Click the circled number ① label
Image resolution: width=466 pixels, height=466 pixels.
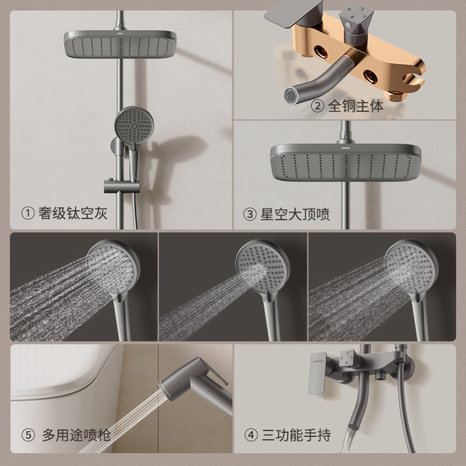[x=28, y=213]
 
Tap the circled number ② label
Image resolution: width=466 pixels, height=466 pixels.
[x=317, y=106]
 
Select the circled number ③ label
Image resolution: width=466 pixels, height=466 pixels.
[x=250, y=214]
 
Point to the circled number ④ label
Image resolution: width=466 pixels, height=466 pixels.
[x=250, y=435]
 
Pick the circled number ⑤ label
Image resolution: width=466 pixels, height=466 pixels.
[x=28, y=435]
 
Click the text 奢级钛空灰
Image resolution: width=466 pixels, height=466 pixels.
[x=73, y=213]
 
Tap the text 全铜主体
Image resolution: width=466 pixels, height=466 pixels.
[x=355, y=106]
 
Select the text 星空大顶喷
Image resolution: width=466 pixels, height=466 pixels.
[x=295, y=214]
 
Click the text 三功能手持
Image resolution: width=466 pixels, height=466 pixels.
[x=296, y=435]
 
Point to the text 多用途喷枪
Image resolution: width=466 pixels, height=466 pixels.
[x=76, y=435]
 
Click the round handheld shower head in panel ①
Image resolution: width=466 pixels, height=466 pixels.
[x=134, y=125]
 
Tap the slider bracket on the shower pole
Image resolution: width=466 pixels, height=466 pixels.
[x=122, y=186]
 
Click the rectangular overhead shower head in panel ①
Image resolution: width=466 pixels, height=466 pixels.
[x=120, y=44]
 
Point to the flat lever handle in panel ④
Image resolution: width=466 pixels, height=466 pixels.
[x=317, y=374]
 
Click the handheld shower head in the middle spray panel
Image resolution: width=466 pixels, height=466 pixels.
[x=263, y=266]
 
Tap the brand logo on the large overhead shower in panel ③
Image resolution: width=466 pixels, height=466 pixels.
[x=345, y=147]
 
